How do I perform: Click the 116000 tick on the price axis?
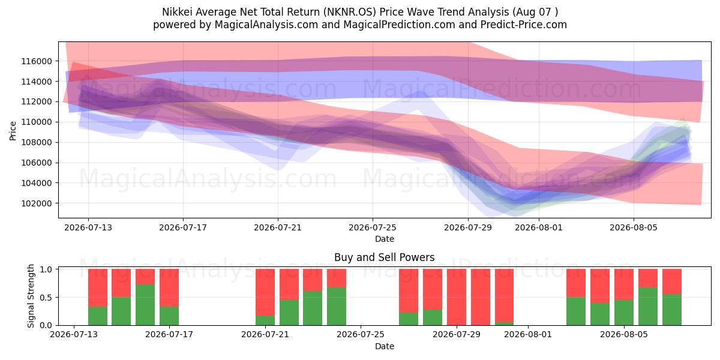coord(37,61)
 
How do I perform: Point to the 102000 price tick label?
coord(37,203)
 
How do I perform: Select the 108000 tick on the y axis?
coord(37,142)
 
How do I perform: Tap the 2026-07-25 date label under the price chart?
coord(373,227)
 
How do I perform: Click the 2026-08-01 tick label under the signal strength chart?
coord(528,334)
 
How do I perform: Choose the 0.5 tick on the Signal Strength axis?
coord(46,298)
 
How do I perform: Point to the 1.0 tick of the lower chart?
coord(46,269)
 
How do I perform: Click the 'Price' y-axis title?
coord(13,131)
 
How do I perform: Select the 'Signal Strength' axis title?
coord(31,296)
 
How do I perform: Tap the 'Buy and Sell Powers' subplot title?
coord(385,257)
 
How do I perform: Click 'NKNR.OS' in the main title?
coord(349,12)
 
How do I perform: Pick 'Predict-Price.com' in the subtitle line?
coord(524,25)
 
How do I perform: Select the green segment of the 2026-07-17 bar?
coord(169,316)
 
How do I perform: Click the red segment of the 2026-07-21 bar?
coord(265,292)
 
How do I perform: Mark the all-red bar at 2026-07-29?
coord(457,297)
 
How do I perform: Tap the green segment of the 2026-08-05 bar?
coord(624,313)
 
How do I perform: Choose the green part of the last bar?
coord(672,310)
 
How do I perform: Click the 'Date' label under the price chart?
coord(385,239)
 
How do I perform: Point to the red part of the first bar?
coord(98,287)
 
